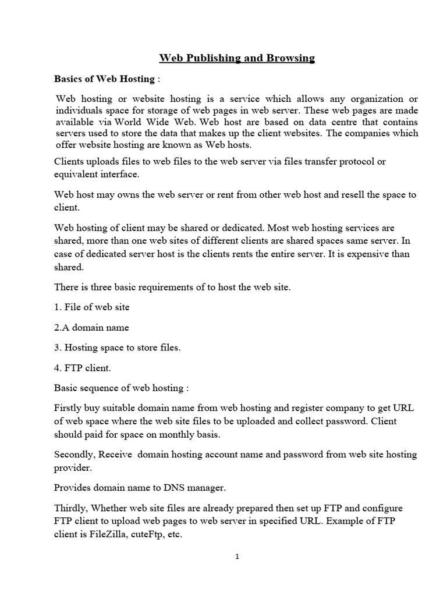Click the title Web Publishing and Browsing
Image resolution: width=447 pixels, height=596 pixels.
point(237,58)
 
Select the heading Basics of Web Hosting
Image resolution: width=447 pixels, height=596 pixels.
point(104,79)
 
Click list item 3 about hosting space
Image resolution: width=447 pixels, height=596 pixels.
point(117,347)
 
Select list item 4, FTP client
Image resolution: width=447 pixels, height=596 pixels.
point(82,368)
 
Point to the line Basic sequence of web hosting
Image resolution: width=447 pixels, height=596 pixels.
point(121,388)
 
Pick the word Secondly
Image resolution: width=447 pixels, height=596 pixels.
point(74,454)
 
